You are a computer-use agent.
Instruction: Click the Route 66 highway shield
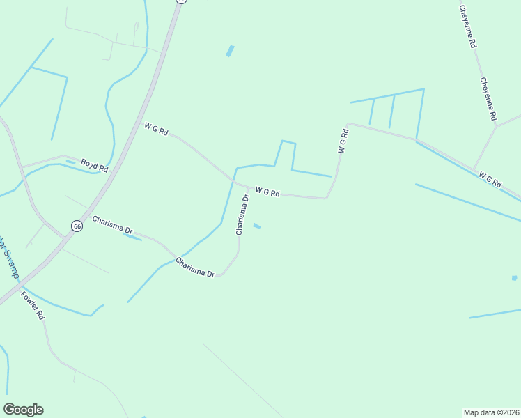[77, 226]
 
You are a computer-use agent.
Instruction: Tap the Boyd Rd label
[94, 167]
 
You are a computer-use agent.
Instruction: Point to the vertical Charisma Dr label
[242, 215]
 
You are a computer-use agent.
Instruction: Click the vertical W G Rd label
[343, 141]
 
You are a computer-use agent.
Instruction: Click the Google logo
[23, 410]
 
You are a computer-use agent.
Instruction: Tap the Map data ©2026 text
[491, 412]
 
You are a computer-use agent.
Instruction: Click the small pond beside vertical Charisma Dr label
[257, 226]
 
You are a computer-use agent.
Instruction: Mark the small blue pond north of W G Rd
[230, 51]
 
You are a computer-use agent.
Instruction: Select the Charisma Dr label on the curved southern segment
[195, 268]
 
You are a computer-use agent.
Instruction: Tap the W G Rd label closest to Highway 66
[156, 129]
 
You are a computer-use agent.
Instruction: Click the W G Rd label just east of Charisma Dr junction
[267, 192]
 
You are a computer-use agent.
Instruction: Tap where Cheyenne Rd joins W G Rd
[475, 169]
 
